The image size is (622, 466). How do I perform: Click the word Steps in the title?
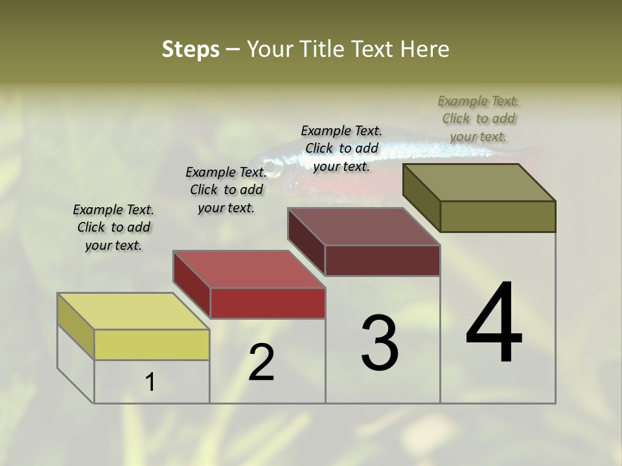pyautogui.click(x=190, y=49)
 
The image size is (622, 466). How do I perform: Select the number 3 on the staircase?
pyautogui.click(x=380, y=343)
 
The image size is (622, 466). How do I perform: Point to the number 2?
pyautogui.click(x=261, y=362)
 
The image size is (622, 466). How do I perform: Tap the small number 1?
pyautogui.click(x=150, y=383)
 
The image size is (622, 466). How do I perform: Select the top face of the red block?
pyautogui.click(x=248, y=269)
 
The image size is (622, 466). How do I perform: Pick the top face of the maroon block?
pyautogui.click(x=363, y=227)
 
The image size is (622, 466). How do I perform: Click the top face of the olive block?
pyautogui.click(x=479, y=183)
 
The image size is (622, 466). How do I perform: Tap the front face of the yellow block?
pyautogui.click(x=152, y=344)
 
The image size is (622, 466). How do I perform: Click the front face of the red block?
pyautogui.click(x=267, y=303)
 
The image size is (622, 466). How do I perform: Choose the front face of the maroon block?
pyautogui.click(x=382, y=260)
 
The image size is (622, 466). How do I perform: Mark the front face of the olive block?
pyautogui.click(x=498, y=216)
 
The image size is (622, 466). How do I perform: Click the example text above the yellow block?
pyautogui.click(x=113, y=227)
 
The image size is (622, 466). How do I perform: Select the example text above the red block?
pyautogui.click(x=226, y=190)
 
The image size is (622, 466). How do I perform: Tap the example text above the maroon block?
pyautogui.click(x=341, y=148)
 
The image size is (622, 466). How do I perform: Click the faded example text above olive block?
pyautogui.click(x=478, y=118)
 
